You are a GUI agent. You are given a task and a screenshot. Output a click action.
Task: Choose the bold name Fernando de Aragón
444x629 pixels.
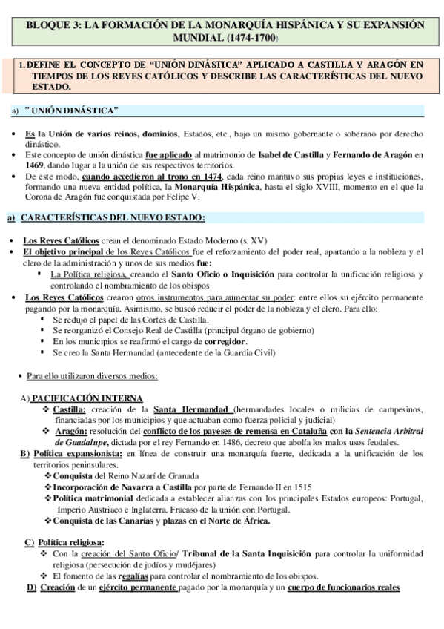click(377, 154)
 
